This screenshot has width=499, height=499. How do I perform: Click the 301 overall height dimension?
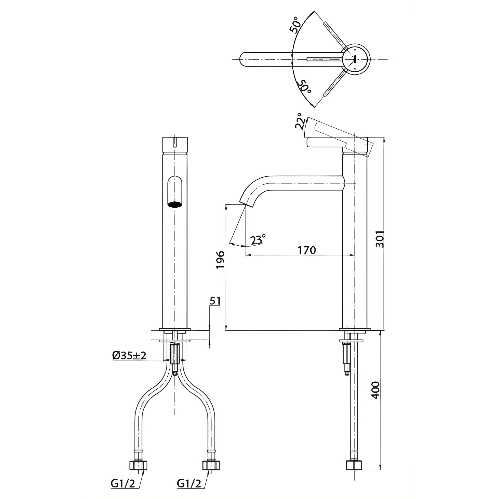coord(379,239)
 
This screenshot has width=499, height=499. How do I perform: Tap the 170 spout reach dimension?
coord(307,250)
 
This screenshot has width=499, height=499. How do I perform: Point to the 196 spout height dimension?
coord(220,259)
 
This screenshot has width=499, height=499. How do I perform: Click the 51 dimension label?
coord(215,301)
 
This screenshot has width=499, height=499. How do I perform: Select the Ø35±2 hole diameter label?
coord(129,355)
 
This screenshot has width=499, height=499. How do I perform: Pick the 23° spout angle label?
coord(258,240)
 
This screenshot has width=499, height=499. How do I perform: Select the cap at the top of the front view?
coord(175,145)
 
